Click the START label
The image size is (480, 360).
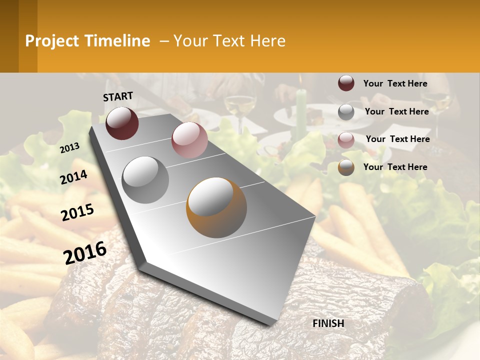pyautogui.click(x=118, y=96)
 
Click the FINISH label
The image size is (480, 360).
pyautogui.click(x=328, y=323)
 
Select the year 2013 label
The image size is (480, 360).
pyautogui.click(x=69, y=148)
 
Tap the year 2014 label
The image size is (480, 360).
pyautogui.click(x=73, y=177)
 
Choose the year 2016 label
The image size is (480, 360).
pyautogui.click(x=85, y=253)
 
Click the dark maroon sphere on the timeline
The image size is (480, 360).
pyautogui.click(x=122, y=123)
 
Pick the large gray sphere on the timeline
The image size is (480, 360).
pyautogui.click(x=145, y=179)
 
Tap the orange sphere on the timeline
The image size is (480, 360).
pyautogui.click(x=216, y=207)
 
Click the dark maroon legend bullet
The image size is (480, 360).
pyautogui.click(x=346, y=83)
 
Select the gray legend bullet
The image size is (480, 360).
pyautogui.click(x=346, y=112)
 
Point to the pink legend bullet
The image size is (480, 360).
pyautogui.click(x=346, y=139)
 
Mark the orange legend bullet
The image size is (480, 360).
pyautogui.click(x=346, y=167)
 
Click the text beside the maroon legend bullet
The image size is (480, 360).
pyautogui.click(x=395, y=84)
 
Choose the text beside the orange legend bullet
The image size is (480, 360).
pyautogui.click(x=395, y=167)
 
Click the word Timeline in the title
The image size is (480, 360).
pyautogui.click(x=118, y=41)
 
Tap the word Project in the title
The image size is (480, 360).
pyautogui.click(x=52, y=41)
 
